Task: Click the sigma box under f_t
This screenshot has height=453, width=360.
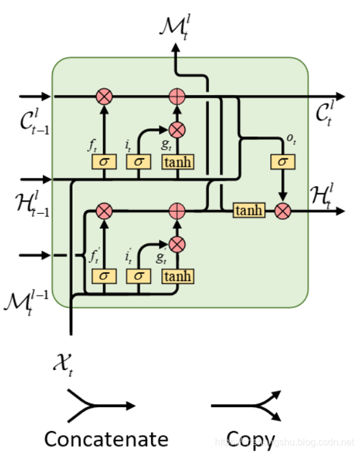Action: (104, 162)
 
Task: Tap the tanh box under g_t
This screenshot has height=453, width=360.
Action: (178, 162)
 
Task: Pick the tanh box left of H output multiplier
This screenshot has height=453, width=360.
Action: (248, 211)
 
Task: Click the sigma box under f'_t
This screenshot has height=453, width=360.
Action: (104, 276)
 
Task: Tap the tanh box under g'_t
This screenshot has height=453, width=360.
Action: (178, 276)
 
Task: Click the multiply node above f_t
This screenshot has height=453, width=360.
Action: (104, 96)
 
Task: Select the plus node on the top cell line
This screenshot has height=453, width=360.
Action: (177, 96)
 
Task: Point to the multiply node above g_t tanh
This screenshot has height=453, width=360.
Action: (177, 130)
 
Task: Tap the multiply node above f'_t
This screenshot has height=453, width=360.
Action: (104, 211)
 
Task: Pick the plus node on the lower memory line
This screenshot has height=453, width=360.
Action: (177, 211)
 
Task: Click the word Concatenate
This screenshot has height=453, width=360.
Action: (106, 439)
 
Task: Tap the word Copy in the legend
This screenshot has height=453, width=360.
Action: (251, 439)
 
